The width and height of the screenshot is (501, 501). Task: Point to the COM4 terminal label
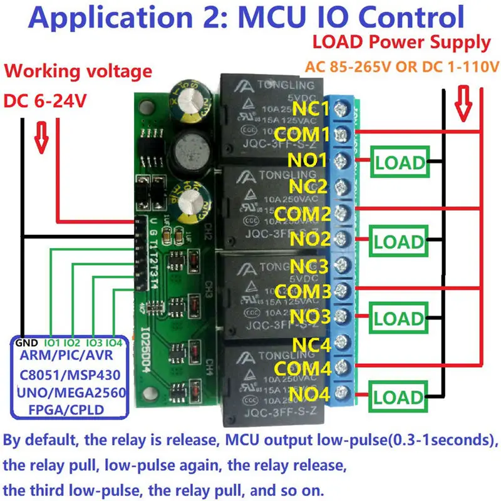302,368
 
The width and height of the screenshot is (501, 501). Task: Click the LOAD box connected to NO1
400,163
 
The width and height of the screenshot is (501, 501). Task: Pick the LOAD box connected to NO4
400,397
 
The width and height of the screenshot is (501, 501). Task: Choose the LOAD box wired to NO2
400,242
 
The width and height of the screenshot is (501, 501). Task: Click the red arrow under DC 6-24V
42,140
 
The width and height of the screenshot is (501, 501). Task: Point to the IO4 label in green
113,343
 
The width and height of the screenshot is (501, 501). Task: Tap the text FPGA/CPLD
66,410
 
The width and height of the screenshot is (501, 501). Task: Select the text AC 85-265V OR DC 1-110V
401,66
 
